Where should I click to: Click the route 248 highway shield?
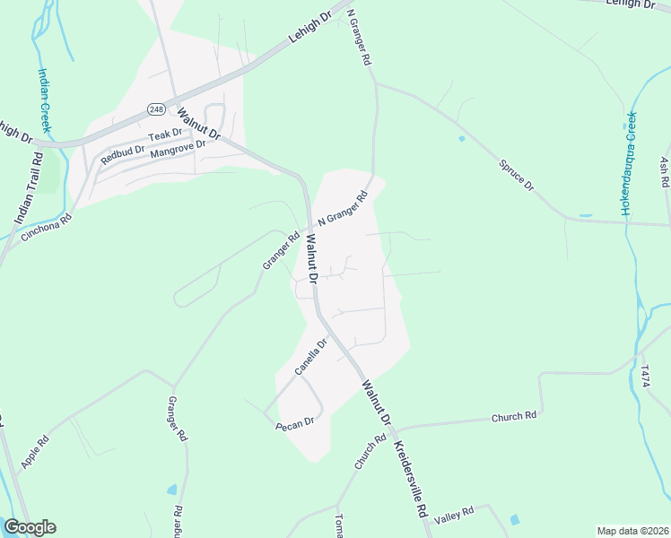click(x=155, y=108)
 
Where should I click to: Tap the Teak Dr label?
click(x=165, y=134)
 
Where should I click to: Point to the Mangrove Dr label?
click(x=179, y=149)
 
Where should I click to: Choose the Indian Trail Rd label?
click(x=29, y=187)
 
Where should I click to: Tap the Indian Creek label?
click(x=43, y=100)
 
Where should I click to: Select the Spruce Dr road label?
click(x=516, y=175)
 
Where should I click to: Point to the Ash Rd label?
click(x=664, y=172)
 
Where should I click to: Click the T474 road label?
click(x=644, y=377)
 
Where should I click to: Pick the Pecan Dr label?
click(x=295, y=421)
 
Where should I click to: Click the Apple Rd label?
click(x=35, y=453)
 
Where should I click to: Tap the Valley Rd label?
click(x=454, y=516)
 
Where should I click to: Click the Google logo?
click(x=30, y=527)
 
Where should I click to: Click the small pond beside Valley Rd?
click(x=514, y=519)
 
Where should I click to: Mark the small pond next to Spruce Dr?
click(x=461, y=138)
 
